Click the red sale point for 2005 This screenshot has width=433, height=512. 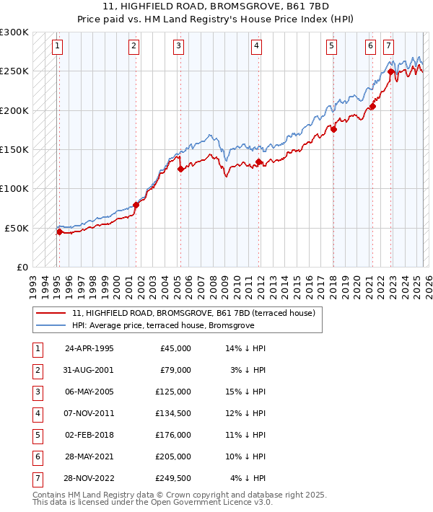180,169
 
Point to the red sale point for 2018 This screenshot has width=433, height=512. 333,129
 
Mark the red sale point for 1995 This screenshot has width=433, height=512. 59,231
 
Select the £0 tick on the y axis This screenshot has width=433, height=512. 22,267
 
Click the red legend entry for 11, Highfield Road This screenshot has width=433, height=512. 193,314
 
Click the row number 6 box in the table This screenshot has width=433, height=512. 37,456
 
